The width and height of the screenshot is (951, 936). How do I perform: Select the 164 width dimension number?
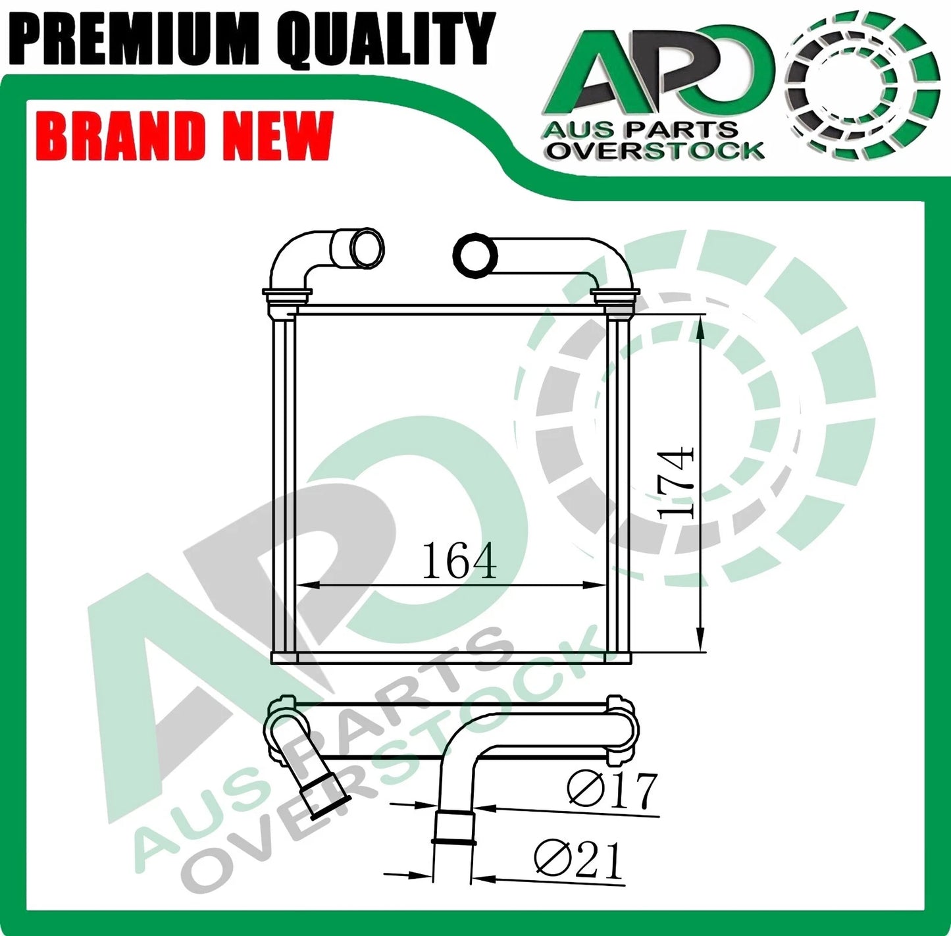[459, 561]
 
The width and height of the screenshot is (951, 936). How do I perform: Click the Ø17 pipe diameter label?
[612, 791]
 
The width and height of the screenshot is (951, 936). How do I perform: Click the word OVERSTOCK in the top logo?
[657, 151]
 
